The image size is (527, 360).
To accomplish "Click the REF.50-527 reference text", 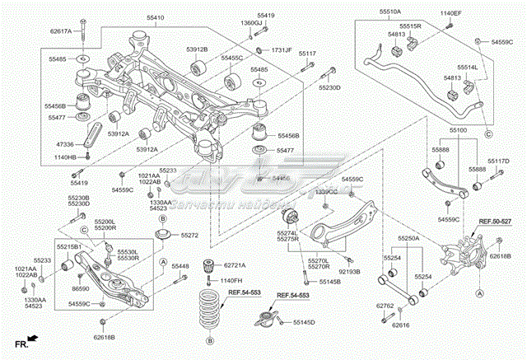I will coord(496,222).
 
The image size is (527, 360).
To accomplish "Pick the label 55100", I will coord(457,130).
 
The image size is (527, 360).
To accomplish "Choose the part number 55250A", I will coord(409,238).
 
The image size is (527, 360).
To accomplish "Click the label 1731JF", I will coord(282,50).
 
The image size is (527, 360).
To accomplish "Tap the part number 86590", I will coord(81,290).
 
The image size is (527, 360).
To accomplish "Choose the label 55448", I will coord(180,266).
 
